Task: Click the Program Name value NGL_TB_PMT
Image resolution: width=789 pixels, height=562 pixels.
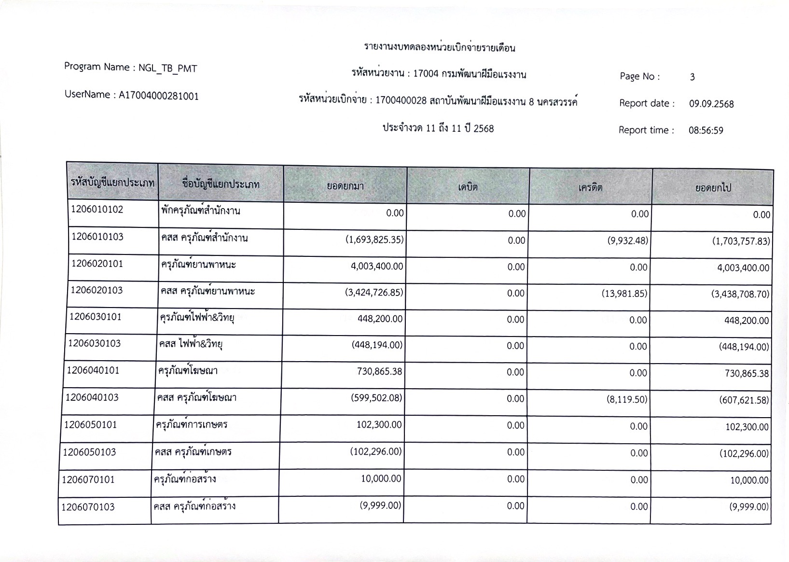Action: coord(167,69)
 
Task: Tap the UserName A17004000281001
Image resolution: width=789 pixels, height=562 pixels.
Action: coord(159,96)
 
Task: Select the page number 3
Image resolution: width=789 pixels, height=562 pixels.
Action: coord(692,77)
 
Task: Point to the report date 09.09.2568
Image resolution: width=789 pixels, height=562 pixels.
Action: coord(711,104)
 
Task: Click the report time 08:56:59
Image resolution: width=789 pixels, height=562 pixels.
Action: coord(706,130)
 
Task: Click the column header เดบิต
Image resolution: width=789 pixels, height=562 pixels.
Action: coord(468,186)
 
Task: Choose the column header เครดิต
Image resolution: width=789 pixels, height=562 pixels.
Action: coord(590,187)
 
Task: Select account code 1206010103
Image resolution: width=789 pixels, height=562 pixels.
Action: coord(97,237)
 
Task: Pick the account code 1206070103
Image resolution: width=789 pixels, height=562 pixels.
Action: coord(88,507)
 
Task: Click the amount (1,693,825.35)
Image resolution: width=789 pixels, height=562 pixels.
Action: coord(374,239)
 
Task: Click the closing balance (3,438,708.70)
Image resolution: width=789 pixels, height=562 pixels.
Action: coord(740,294)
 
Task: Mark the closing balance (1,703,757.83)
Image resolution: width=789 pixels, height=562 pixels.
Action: coord(741,241)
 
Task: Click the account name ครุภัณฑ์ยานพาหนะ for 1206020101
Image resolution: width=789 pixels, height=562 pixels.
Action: coord(198,265)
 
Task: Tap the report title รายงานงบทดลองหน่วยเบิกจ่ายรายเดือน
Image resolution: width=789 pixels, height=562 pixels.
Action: coord(440,48)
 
